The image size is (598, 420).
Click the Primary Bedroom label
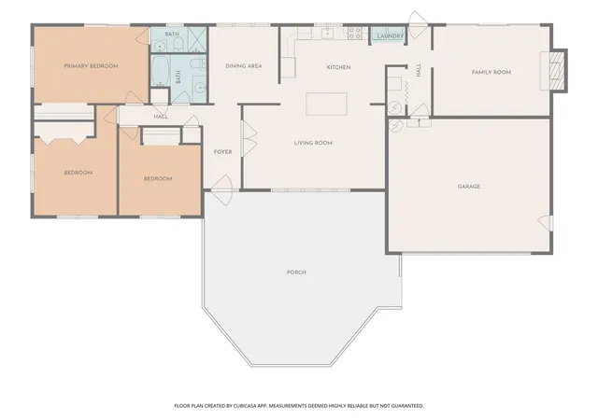click(x=91, y=66)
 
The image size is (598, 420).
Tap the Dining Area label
click(x=244, y=66)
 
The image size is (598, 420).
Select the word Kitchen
click(x=338, y=67)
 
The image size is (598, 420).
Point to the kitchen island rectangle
click(x=326, y=104)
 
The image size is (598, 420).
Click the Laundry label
click(x=391, y=36)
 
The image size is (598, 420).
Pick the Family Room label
click(x=491, y=72)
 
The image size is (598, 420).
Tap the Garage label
click(x=469, y=187)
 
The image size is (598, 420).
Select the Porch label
click(x=296, y=273)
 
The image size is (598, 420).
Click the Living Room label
click(x=313, y=143)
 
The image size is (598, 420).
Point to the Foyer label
click(x=222, y=152)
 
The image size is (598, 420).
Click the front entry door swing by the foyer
click(x=222, y=189)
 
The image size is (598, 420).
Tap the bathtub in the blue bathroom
click(x=160, y=71)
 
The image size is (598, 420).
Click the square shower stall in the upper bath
click(x=197, y=39)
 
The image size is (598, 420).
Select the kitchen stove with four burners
click(x=355, y=33)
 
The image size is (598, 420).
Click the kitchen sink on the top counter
click(x=328, y=33)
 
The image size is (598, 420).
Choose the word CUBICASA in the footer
click(x=245, y=406)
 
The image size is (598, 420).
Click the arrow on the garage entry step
click(x=420, y=122)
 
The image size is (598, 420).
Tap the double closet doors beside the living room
click(x=249, y=138)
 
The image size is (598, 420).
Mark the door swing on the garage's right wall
click(x=545, y=222)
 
